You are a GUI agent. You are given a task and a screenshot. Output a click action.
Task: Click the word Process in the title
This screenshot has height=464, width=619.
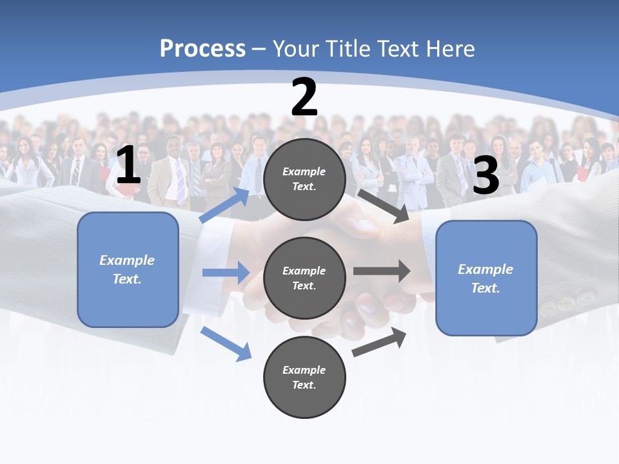point(202,48)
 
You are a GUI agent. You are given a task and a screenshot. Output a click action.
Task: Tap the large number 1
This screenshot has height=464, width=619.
point(128,166)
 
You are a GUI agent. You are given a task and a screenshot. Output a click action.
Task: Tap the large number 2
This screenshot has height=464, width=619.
point(304,98)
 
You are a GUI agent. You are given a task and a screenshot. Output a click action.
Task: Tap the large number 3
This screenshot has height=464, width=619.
point(486,175)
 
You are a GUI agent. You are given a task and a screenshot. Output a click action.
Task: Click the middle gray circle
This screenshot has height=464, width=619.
point(304,278)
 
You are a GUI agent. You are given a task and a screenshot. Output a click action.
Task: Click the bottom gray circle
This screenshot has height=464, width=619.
point(304,377)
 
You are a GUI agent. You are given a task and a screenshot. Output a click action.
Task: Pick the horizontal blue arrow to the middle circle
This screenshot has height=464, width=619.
point(226,273)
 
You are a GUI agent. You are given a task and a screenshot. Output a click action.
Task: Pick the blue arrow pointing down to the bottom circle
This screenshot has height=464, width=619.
point(226,343)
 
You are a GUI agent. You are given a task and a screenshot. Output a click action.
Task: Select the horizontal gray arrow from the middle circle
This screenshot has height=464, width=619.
point(381,271)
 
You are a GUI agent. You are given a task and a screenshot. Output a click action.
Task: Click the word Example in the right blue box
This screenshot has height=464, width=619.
point(486,269)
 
